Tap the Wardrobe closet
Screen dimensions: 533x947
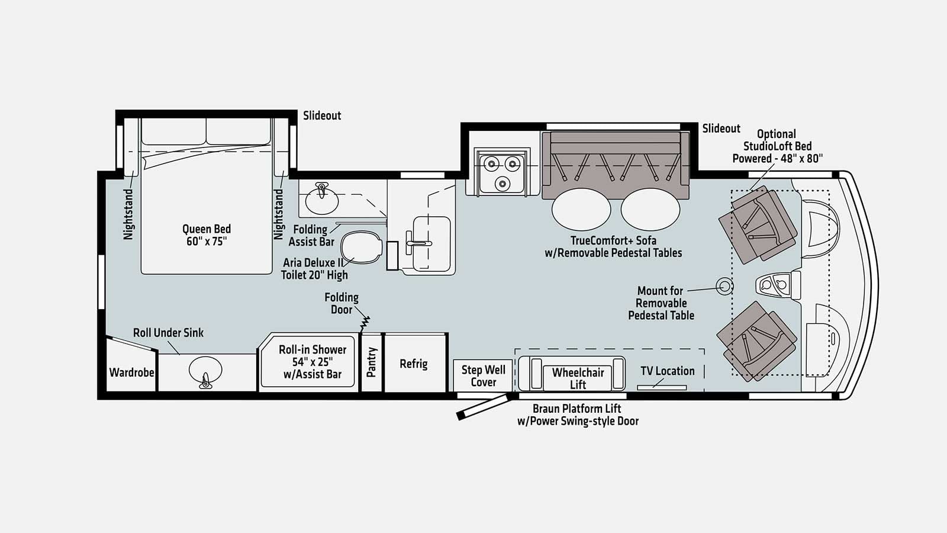131,372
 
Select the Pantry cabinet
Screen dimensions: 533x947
372,362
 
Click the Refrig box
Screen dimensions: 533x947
414,363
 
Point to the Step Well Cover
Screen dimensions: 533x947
483,375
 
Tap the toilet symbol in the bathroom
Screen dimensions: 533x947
361,247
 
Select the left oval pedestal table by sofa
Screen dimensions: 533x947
581,210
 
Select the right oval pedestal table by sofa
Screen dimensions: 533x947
650,210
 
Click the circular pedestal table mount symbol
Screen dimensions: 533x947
724,287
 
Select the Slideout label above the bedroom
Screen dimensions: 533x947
322,115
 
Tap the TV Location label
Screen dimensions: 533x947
667,371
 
